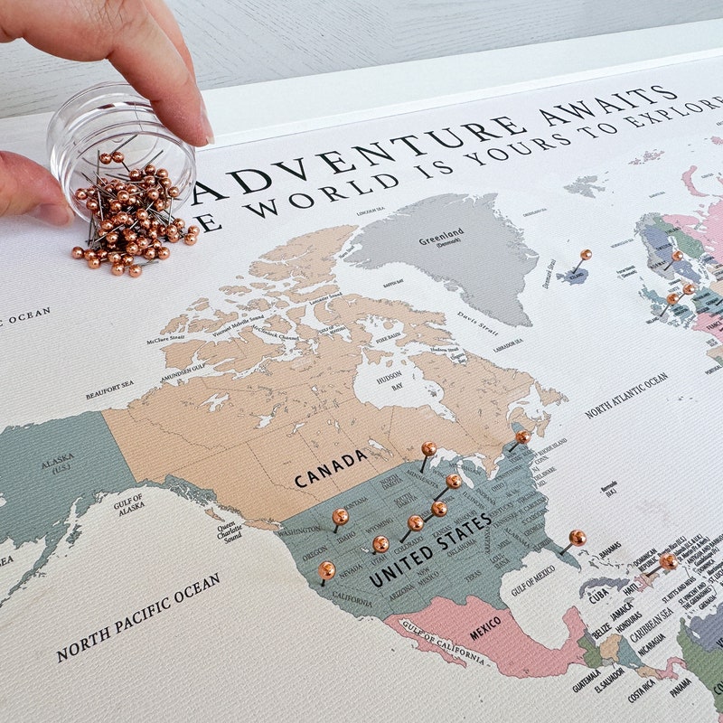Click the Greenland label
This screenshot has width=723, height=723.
click(440, 241)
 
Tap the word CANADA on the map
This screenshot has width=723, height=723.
click(331, 468)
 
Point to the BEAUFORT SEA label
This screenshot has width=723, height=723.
click(109, 390)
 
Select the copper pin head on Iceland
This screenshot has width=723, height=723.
click(586, 255)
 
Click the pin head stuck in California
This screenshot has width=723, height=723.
click(326, 569)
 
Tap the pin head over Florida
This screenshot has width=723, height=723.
click(577, 537)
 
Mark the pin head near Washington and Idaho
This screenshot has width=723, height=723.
click(340, 516)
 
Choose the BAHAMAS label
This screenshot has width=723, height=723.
click(610, 549)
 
